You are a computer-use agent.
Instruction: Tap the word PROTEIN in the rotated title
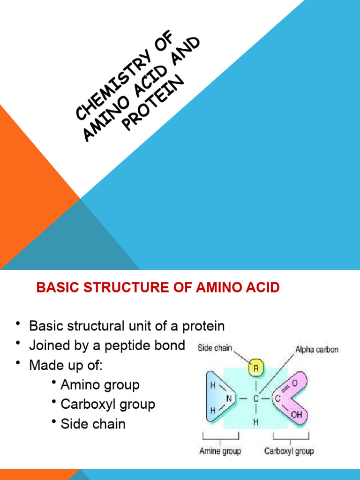(154, 105)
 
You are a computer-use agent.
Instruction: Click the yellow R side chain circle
(256, 369)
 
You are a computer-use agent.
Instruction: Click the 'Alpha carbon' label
(316, 350)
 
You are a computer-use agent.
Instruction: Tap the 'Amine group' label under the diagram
(220, 451)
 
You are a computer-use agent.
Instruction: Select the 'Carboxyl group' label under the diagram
(289, 451)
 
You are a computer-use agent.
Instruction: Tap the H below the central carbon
(256, 422)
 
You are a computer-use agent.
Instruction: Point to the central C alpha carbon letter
(256, 399)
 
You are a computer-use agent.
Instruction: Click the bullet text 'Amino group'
(100, 385)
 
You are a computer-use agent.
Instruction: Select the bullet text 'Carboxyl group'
(108, 405)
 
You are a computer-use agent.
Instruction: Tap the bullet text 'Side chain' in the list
(93, 424)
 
